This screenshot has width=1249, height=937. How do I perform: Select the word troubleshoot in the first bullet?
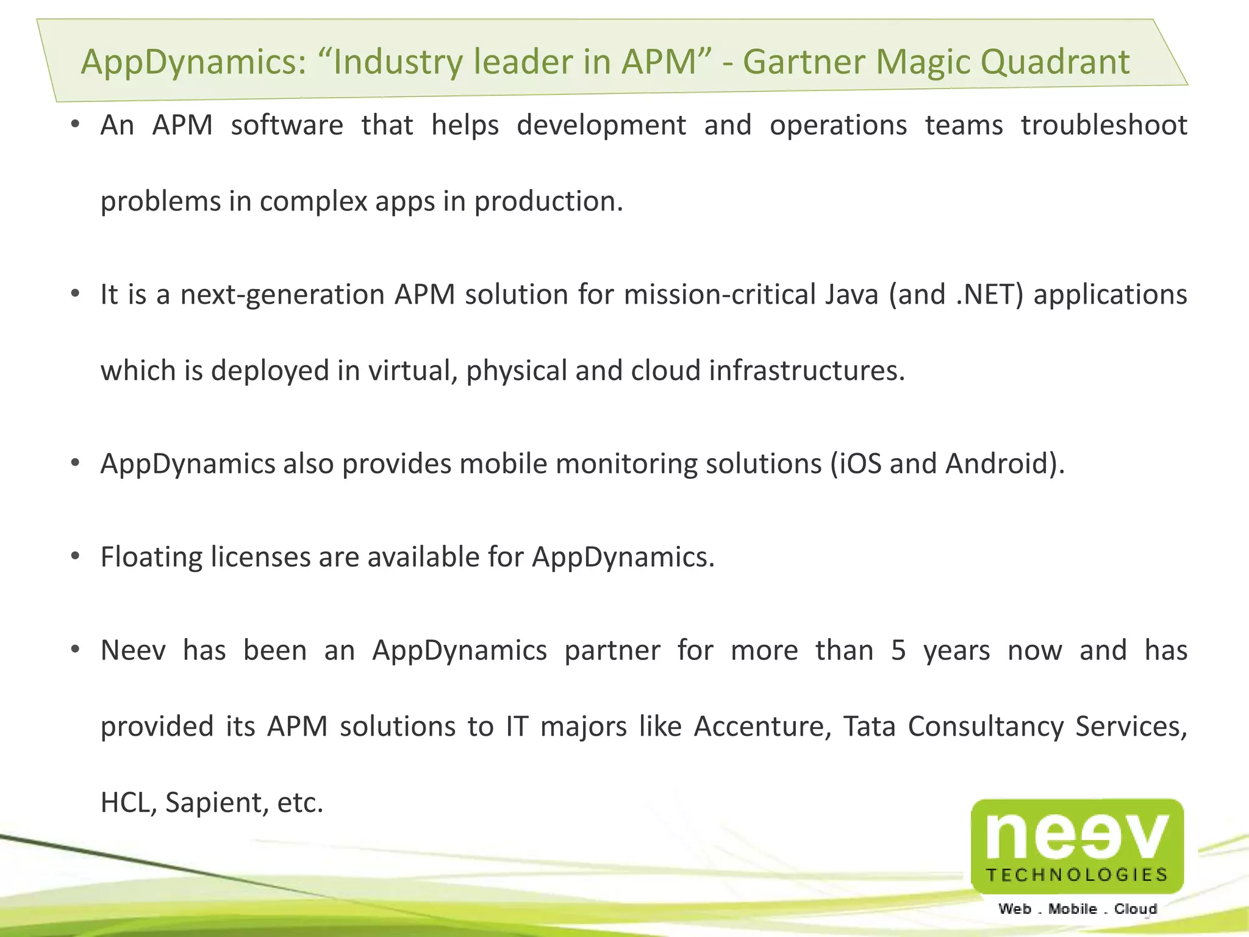[1104, 126]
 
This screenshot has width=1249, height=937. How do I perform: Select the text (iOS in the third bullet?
[856, 464]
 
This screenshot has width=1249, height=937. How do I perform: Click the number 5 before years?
[898, 650]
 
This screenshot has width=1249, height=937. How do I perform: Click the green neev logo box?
[1077, 845]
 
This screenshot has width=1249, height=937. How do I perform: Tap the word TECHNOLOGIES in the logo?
[1077, 875]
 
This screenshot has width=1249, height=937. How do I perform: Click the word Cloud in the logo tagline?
[1136, 909]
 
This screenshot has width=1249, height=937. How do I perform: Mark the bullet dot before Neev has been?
[75, 649]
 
